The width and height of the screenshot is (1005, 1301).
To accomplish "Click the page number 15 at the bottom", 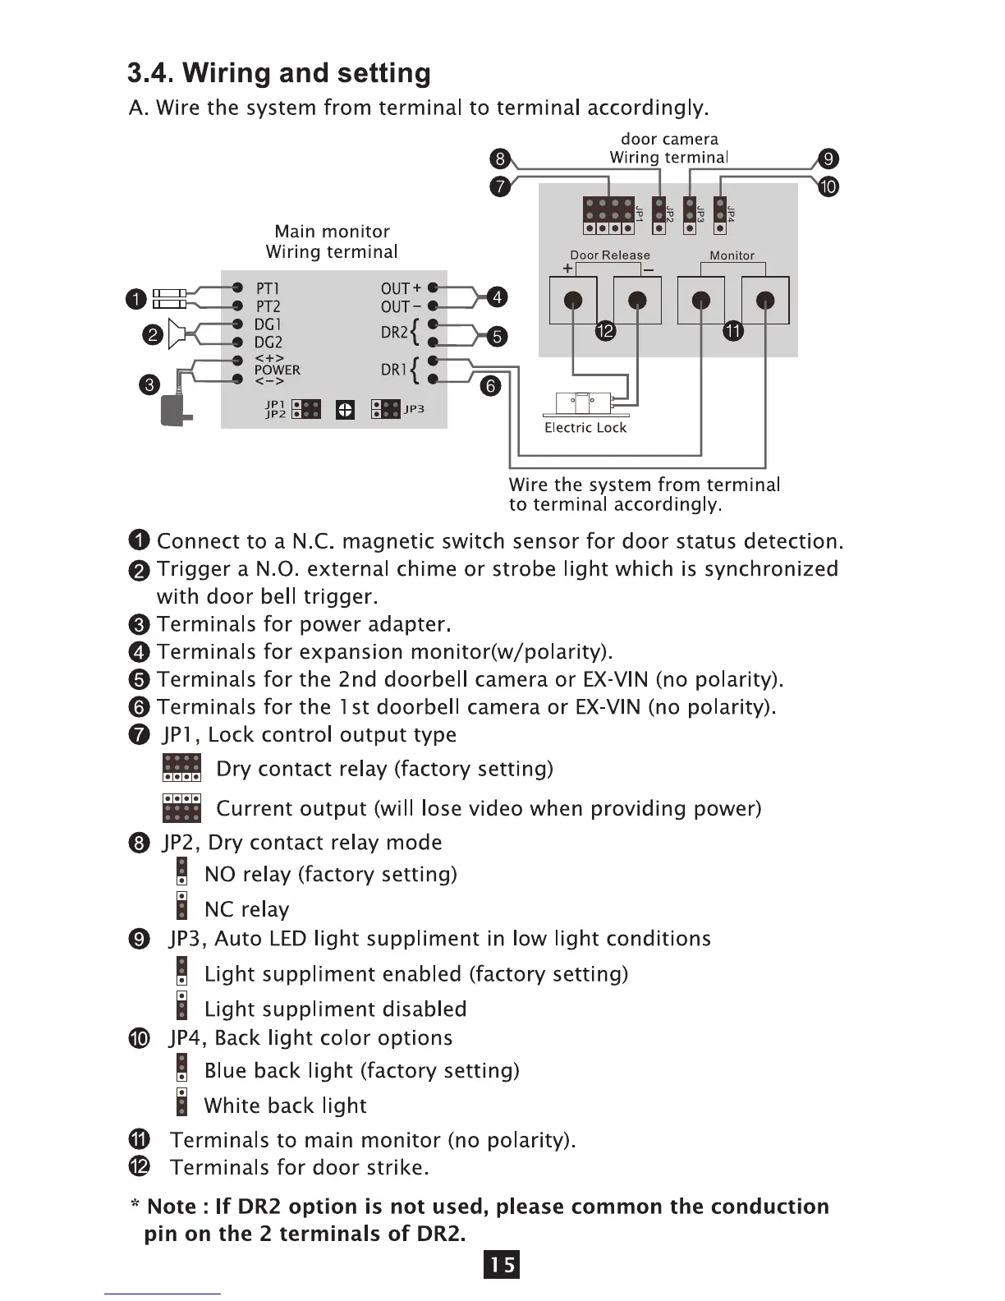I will [502, 1265].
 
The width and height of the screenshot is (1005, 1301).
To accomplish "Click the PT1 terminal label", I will [268, 288].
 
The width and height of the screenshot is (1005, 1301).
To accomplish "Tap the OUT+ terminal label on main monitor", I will [401, 288].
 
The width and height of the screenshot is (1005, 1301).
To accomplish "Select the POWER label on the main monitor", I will [277, 370].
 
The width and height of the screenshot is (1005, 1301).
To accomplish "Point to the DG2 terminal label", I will [268, 342].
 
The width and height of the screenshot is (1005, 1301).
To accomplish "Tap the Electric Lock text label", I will [585, 428].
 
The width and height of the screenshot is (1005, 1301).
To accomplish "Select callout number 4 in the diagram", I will [497, 297].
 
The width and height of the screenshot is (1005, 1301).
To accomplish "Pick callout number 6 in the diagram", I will [489, 386].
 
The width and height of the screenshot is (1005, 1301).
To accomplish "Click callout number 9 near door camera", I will [828, 159].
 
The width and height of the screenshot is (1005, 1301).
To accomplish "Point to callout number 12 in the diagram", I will [604, 331].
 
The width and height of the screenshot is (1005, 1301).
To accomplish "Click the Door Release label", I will [610, 255].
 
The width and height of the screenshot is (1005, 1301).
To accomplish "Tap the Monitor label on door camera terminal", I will [732, 255].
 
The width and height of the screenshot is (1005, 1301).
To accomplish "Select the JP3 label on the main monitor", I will [415, 409].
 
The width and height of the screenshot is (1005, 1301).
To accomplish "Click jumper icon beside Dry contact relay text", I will [181, 768].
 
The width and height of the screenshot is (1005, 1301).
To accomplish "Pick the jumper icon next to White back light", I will [181, 1102].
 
